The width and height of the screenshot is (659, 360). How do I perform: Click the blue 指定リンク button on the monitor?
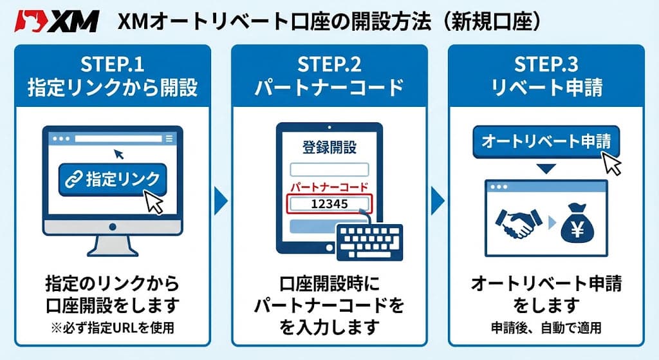tap(113, 178)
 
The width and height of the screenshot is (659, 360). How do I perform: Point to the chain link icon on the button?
tap(74, 179)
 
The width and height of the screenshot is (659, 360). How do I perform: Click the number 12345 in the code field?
tap(329, 204)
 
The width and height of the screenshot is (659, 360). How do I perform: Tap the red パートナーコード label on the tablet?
tap(329, 187)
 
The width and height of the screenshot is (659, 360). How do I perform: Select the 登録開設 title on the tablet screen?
tap(329, 147)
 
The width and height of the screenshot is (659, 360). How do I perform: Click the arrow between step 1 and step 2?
tap(220, 200)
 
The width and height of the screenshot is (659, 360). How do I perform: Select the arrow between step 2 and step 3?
tap(437, 200)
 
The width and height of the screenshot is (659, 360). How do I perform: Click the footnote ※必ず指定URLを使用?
tap(112, 328)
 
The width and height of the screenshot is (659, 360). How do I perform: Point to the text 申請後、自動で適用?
tap(546, 328)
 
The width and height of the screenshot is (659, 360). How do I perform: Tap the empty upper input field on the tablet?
tap(329, 169)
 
